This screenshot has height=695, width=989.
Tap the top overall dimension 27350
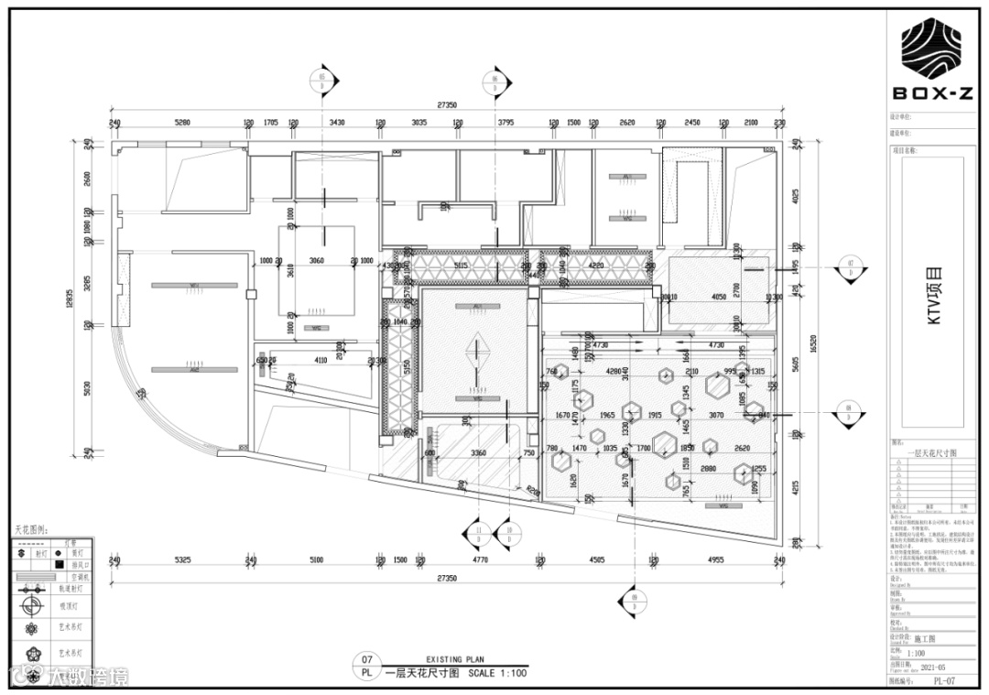click(x=447, y=105)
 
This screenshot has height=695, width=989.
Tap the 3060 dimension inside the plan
click(x=316, y=261)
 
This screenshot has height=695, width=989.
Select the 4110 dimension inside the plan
click(x=321, y=361)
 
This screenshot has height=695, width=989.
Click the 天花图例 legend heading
click(x=33, y=530)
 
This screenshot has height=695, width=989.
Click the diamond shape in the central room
click(x=476, y=350)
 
